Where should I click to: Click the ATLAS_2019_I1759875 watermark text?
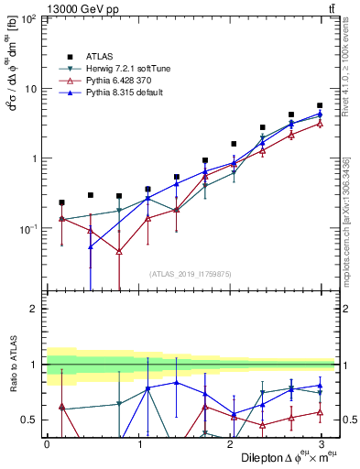191,273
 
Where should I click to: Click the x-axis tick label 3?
322,444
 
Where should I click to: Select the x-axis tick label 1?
138,444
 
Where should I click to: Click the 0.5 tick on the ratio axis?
28,420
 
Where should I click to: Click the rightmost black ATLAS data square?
319,106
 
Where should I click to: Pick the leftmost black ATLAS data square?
61,202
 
